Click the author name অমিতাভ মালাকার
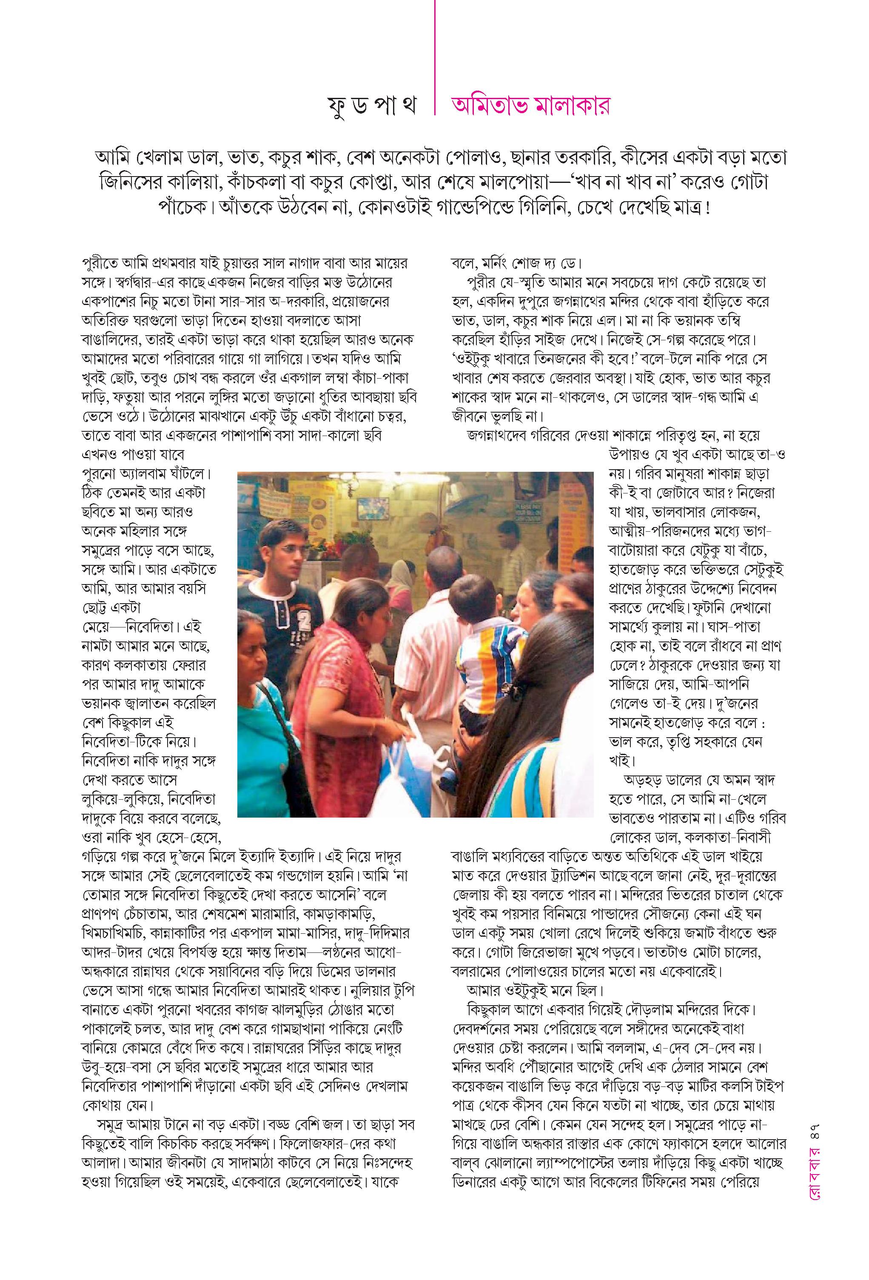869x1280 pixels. [530, 106]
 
